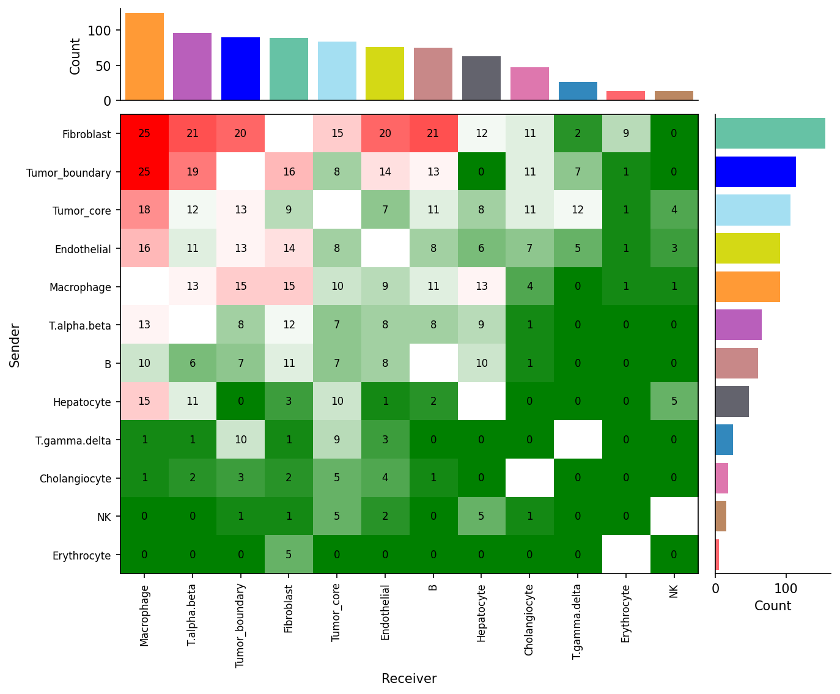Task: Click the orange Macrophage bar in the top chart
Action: click(x=144, y=56)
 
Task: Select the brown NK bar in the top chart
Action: click(x=674, y=95)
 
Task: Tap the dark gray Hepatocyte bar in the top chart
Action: click(x=481, y=78)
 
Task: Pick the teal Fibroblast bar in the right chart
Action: click(x=770, y=133)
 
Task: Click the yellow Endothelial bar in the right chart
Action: click(x=747, y=248)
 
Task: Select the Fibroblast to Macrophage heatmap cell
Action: click(x=144, y=133)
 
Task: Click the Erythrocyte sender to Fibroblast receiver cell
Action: click(x=289, y=555)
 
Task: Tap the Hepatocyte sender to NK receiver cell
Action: click(x=674, y=402)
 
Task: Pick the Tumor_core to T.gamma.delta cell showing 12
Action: click(x=577, y=210)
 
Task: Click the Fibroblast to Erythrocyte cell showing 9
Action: click(x=625, y=133)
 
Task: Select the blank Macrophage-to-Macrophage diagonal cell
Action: click(x=144, y=287)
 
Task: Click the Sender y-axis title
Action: click(x=15, y=345)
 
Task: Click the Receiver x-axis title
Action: click(x=409, y=679)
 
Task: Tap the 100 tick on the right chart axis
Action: click(x=786, y=589)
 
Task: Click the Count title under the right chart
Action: click(x=772, y=606)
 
